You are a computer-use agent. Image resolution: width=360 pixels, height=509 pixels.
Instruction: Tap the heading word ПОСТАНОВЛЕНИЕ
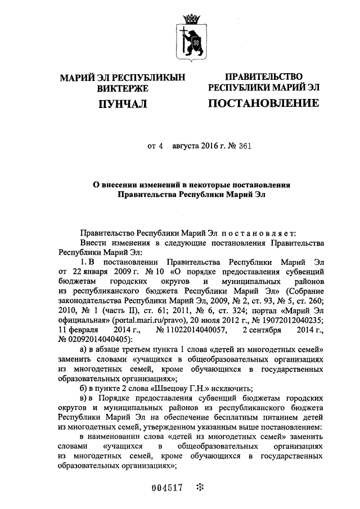pyautogui.click(x=264, y=103)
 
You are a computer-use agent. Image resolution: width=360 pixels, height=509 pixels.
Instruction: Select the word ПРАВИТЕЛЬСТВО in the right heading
pyautogui.click(x=264, y=76)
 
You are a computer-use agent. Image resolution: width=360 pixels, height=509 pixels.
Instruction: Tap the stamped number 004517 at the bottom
pyautogui.click(x=168, y=488)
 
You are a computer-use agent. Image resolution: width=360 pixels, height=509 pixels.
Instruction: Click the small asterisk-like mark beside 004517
pyautogui.click(x=200, y=487)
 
